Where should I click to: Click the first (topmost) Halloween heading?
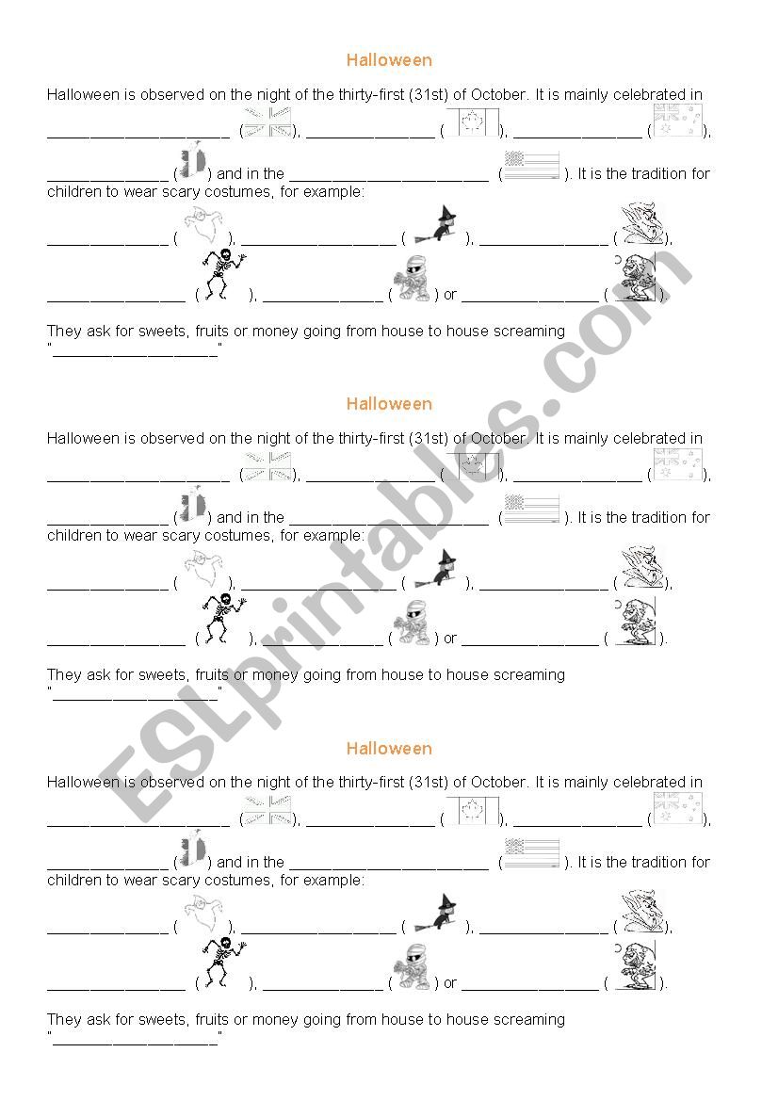(x=389, y=60)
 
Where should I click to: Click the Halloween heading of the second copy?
(x=389, y=404)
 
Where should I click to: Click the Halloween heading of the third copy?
(x=389, y=749)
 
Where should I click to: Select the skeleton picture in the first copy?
(x=223, y=274)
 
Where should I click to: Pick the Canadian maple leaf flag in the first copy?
(x=471, y=124)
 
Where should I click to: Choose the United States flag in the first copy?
(x=532, y=165)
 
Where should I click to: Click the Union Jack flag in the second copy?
(x=268, y=467)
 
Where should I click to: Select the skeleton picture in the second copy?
(x=223, y=618)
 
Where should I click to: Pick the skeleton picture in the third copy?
(x=223, y=963)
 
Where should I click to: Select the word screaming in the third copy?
(x=529, y=1019)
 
